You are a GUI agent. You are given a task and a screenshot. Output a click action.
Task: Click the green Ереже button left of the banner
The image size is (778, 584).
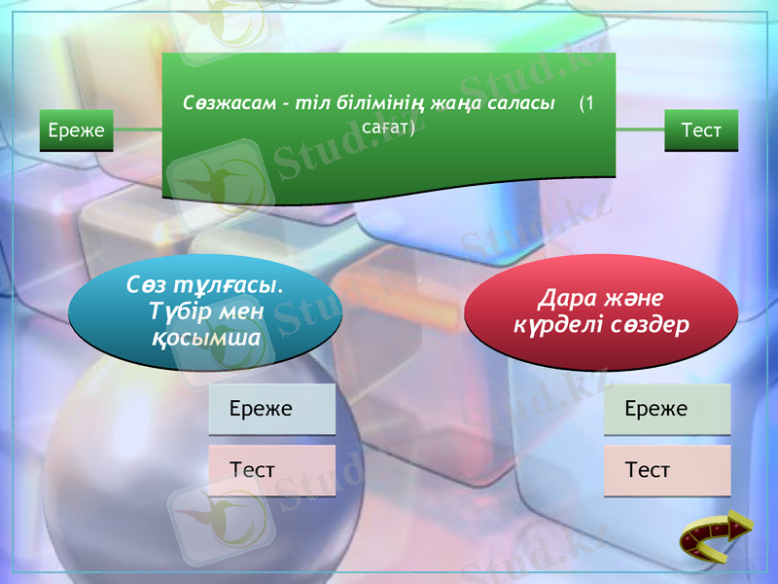(x=76, y=130)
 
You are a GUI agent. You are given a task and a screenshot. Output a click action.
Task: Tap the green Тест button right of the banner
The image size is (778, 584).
(x=701, y=130)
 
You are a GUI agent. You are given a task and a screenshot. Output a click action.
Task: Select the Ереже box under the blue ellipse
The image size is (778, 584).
(x=271, y=409)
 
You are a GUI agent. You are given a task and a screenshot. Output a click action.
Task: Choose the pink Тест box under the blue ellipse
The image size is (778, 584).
(x=271, y=470)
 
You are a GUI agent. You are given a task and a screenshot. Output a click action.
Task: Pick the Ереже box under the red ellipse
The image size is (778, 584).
(x=666, y=409)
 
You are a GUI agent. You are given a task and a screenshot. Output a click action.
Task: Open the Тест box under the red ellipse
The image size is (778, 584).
(x=666, y=470)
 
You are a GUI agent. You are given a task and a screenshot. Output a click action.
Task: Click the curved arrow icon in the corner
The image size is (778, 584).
(x=716, y=536)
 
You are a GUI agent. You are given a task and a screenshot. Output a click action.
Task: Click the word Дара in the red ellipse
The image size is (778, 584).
(x=565, y=298)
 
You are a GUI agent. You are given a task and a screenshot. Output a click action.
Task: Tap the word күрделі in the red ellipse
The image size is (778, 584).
(x=552, y=324)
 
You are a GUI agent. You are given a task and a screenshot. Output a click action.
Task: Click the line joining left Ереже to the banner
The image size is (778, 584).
(x=137, y=128)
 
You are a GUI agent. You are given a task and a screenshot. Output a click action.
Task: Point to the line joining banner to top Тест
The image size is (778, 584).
(x=640, y=128)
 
